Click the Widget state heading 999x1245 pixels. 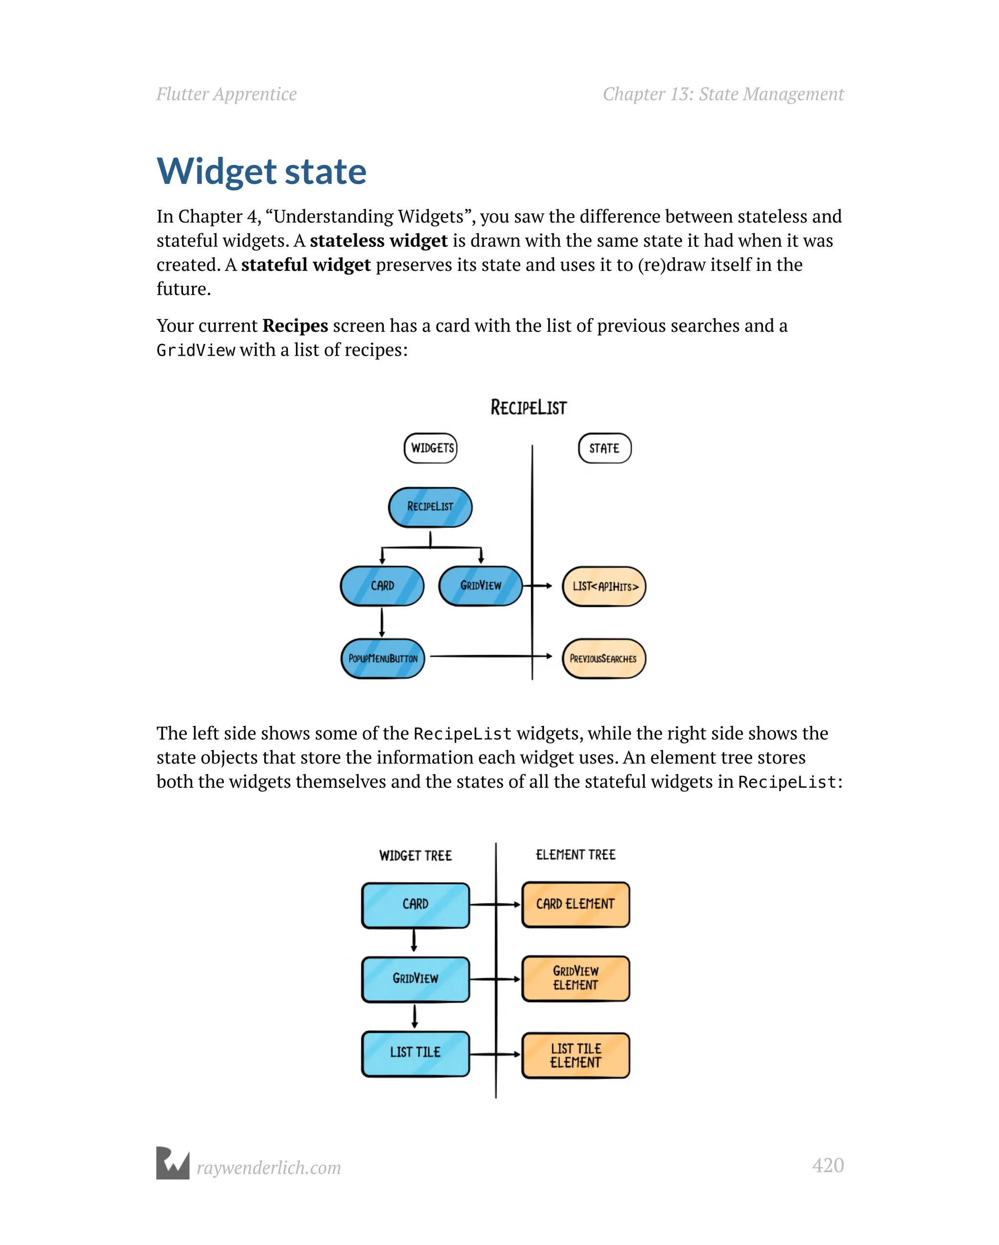261,172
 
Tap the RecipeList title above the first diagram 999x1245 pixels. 528,408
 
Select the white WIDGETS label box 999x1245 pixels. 431,448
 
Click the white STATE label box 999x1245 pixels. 604,448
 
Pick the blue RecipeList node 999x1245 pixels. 430,507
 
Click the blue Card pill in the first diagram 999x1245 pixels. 382,585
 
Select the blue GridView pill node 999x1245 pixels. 480,585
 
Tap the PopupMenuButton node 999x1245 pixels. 382,658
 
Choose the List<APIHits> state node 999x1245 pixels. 604,586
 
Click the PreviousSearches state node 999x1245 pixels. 603,658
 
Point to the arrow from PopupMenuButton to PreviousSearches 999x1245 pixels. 491,656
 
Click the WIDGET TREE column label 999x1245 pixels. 415,855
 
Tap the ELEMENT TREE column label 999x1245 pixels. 575,855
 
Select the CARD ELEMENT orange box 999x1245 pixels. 575,904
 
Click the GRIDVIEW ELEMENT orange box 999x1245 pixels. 575,978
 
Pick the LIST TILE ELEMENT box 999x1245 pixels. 575,1055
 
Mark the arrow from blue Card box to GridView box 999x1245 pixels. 414,940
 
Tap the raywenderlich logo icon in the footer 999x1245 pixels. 173,1163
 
